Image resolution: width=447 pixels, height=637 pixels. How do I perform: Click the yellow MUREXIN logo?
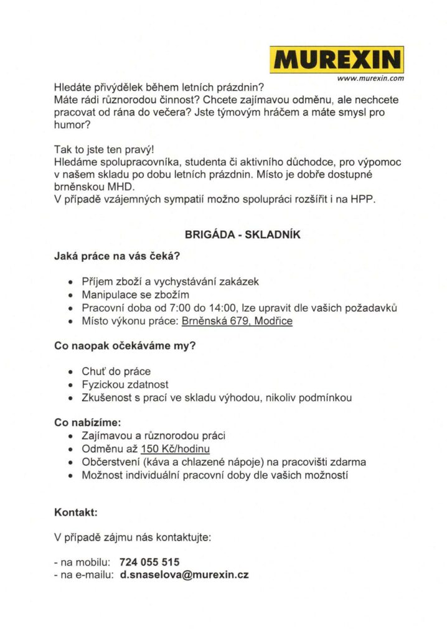click(337, 60)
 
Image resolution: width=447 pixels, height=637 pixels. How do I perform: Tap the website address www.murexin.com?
click(370, 79)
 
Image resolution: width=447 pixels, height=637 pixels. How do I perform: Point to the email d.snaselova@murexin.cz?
click(184, 575)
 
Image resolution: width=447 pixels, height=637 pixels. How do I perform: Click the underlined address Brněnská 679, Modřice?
click(237, 322)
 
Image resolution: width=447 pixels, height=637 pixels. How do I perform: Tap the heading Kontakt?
click(76, 513)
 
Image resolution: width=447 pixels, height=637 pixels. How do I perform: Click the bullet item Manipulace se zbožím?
click(135, 294)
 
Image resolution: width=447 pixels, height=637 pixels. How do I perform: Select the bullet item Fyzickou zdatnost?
click(125, 385)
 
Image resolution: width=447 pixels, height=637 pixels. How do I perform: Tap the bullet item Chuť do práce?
click(116, 371)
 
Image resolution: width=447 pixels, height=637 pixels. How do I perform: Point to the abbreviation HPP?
click(364, 201)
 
